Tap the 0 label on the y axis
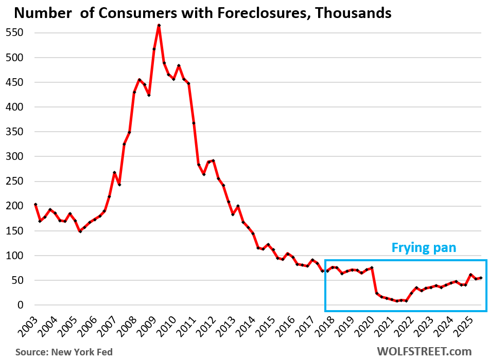21,305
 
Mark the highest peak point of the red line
159,25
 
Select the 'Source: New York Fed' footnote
64,352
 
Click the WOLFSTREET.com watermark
424,351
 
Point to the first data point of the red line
36,204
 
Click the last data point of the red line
481,278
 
